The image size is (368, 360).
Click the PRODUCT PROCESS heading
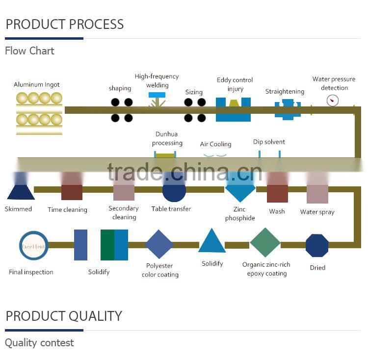click(x=64, y=24)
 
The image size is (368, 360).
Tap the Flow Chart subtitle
click(x=29, y=51)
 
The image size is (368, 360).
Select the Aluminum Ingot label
click(x=37, y=85)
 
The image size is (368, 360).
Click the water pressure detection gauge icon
click(x=333, y=101)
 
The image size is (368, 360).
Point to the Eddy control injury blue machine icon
click(x=234, y=109)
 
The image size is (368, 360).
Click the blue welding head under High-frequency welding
click(x=157, y=95)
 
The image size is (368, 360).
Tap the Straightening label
click(x=285, y=92)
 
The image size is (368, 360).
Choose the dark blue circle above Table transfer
click(x=174, y=190)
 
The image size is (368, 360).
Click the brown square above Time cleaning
click(x=72, y=192)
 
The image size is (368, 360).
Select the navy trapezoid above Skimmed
click(x=21, y=191)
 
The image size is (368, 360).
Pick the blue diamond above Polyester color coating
click(x=159, y=244)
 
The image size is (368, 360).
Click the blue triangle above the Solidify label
click(x=212, y=242)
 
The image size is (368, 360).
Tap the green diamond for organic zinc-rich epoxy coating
click(x=265, y=242)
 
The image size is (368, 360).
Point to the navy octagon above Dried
click(x=317, y=246)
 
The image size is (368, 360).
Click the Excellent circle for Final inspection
click(x=33, y=246)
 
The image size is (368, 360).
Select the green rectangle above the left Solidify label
click(x=107, y=245)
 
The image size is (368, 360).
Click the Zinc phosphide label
click(x=240, y=214)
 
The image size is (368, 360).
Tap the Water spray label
click(x=317, y=212)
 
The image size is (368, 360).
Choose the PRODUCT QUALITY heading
click(x=64, y=316)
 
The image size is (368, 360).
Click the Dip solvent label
click(x=269, y=142)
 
